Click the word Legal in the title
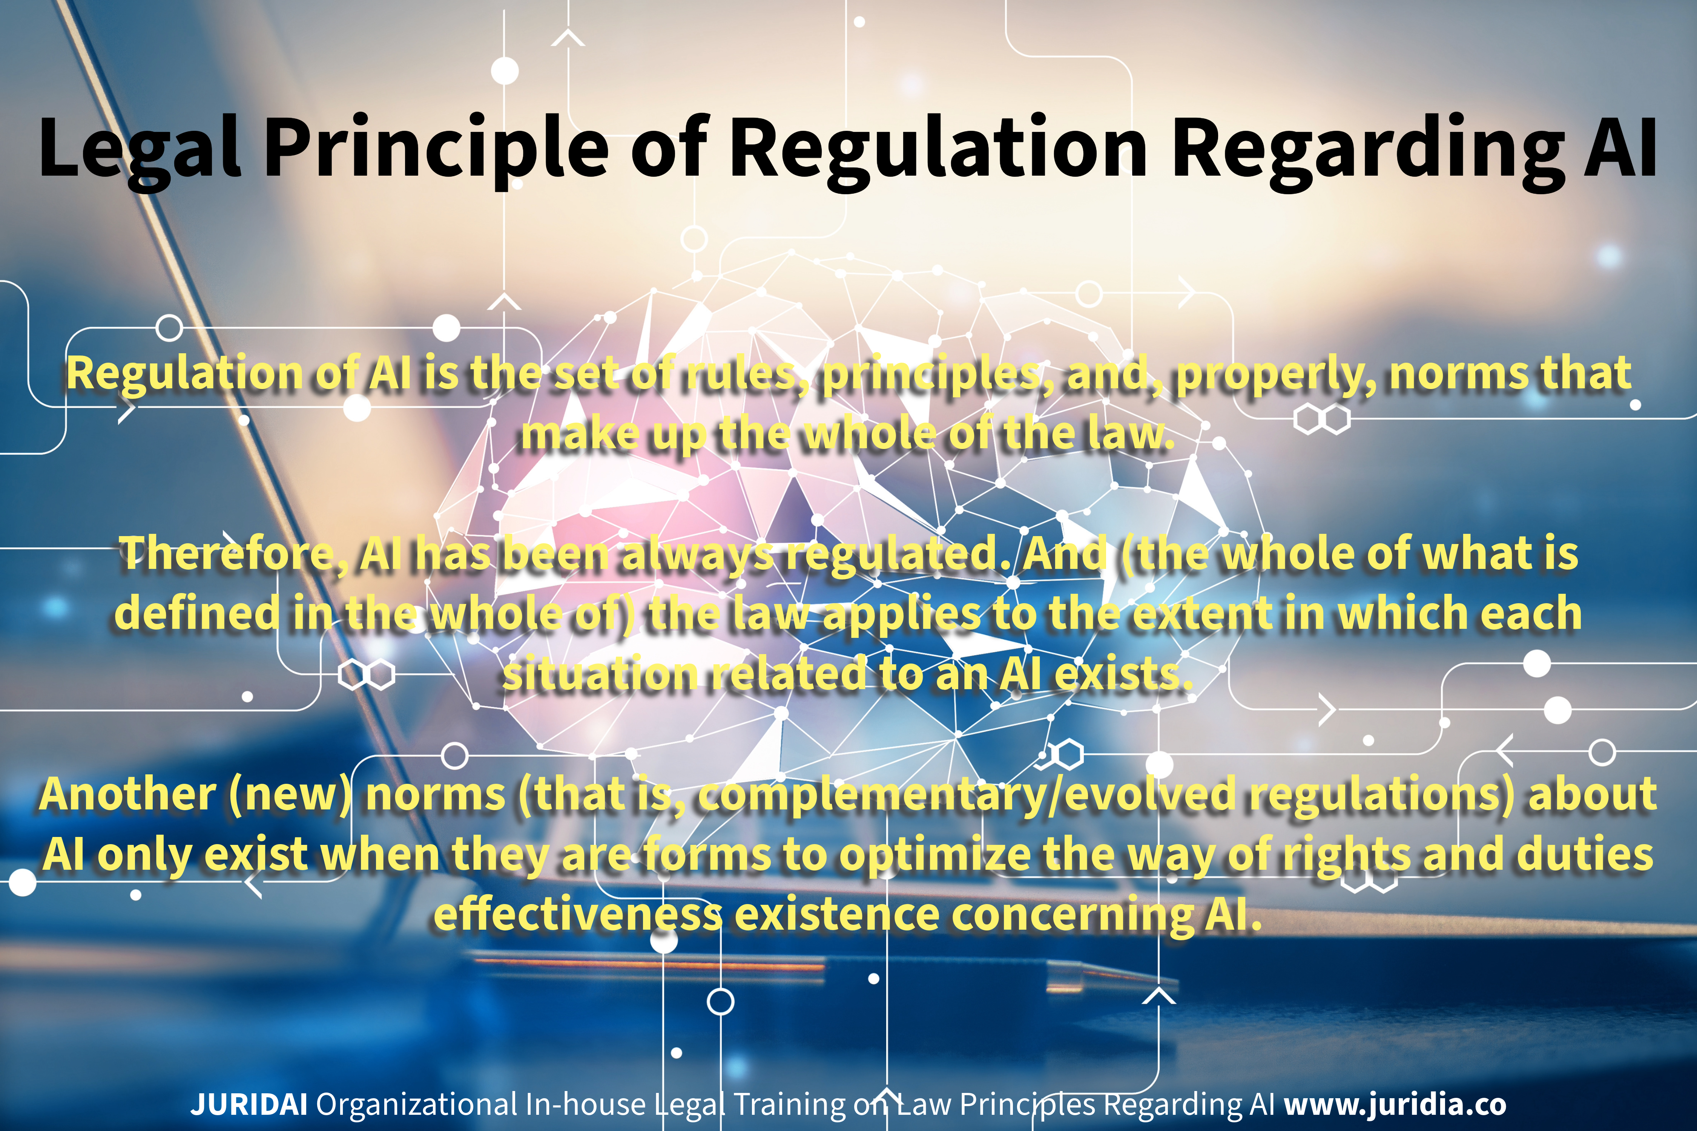click(138, 148)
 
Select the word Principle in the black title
click(437, 148)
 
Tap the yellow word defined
click(197, 613)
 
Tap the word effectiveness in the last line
click(577, 915)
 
